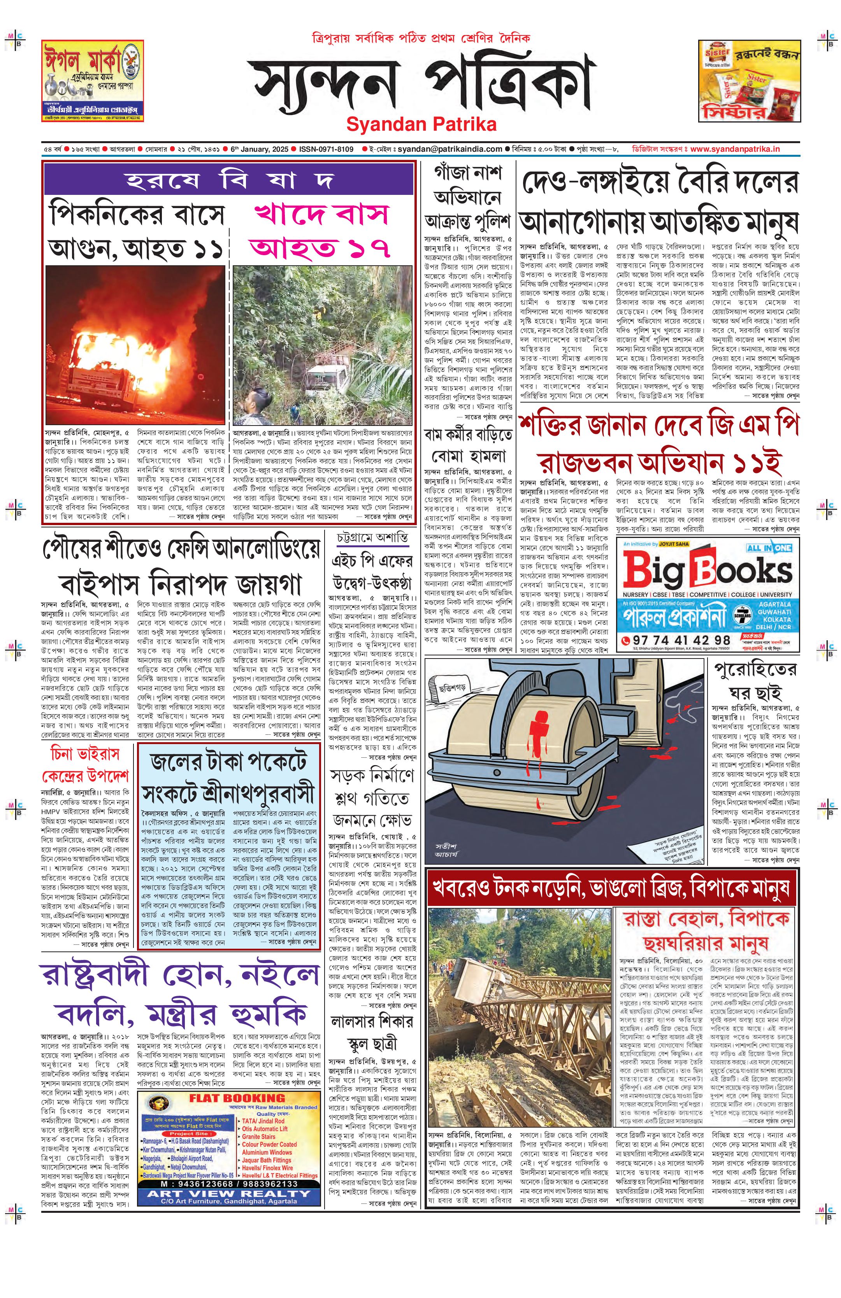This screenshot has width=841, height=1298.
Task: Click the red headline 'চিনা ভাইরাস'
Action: click(x=84, y=755)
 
